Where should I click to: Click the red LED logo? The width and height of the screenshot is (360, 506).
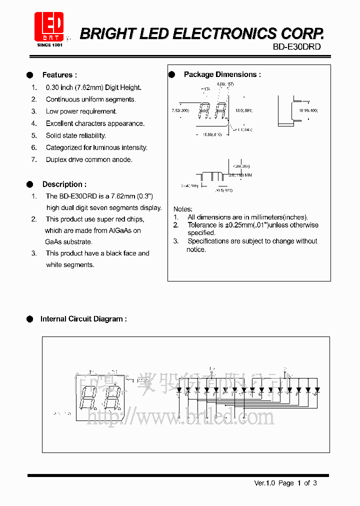[x=49, y=26]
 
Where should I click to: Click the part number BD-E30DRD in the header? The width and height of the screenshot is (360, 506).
[x=296, y=46]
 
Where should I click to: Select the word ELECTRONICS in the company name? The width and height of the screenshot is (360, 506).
[x=224, y=33]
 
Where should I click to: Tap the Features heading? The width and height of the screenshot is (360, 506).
[x=59, y=75]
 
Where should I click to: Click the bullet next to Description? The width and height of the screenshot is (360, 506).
[x=30, y=184]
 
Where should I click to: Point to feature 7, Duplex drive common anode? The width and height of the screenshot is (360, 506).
[x=89, y=159]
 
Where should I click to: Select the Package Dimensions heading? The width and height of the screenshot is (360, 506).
[x=222, y=74]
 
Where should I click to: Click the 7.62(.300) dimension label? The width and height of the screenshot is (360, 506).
[x=180, y=110]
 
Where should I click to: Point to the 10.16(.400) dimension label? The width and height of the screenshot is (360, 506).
[x=308, y=110]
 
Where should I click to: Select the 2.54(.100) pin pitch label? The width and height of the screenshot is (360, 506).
[x=189, y=185]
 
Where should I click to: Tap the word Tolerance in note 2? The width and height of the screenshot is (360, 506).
[x=202, y=225]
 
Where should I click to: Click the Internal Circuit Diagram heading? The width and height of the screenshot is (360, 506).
[x=83, y=319]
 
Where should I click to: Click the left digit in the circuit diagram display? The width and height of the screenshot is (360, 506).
[x=89, y=398]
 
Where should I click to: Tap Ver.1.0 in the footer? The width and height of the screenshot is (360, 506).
[x=265, y=483]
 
